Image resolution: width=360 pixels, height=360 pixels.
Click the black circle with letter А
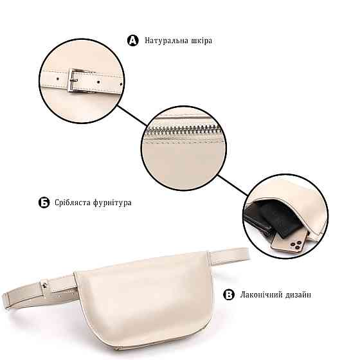[133, 40]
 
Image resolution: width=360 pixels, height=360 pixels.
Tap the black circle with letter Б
[44, 203]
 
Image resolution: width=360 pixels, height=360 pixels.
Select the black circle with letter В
[229, 294]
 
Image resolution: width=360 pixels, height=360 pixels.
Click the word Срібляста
[72, 203]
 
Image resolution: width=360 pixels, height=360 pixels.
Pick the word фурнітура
[113, 203]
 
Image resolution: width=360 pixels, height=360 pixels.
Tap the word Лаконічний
[261, 294]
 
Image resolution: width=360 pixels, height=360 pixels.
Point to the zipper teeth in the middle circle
[183, 130]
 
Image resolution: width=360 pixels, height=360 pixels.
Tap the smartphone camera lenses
[296, 245]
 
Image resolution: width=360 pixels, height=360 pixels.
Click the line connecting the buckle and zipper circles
[132, 116]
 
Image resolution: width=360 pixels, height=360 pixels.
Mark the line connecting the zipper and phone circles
[232, 185]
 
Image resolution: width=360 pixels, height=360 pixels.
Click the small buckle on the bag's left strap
[44, 285]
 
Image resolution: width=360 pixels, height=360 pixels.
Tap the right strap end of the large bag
[245, 253]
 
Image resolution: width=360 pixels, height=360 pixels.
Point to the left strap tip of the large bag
[6, 301]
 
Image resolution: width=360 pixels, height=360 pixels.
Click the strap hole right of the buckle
[98, 82]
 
